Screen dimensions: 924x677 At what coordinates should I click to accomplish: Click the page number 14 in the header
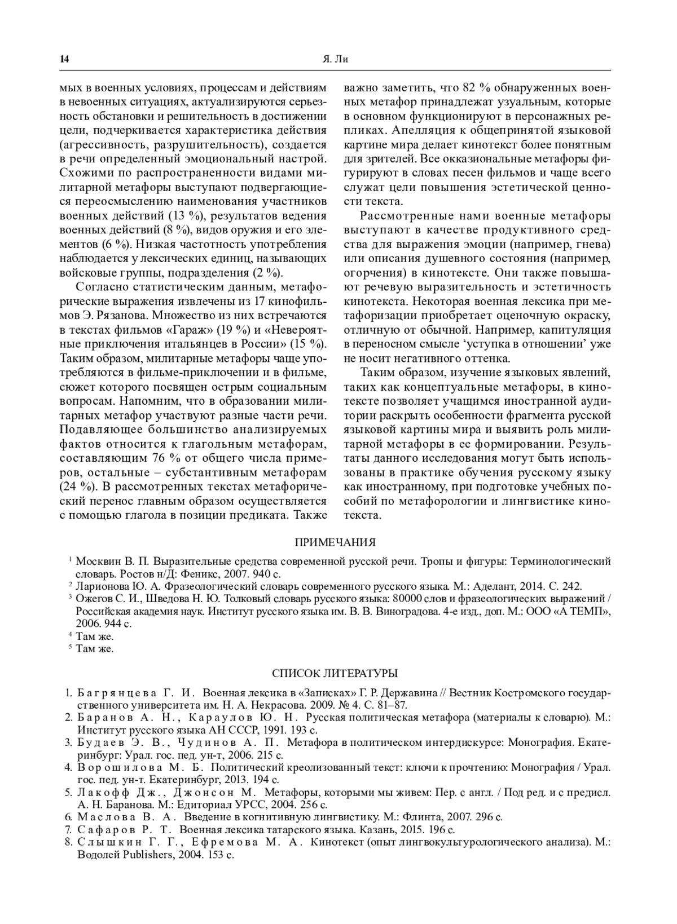click(64, 59)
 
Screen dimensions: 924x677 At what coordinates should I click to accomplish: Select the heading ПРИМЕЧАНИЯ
click(336, 542)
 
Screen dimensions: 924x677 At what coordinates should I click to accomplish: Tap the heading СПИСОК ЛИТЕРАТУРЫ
click(335, 673)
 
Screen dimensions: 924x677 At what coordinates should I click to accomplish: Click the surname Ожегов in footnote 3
click(93, 598)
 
